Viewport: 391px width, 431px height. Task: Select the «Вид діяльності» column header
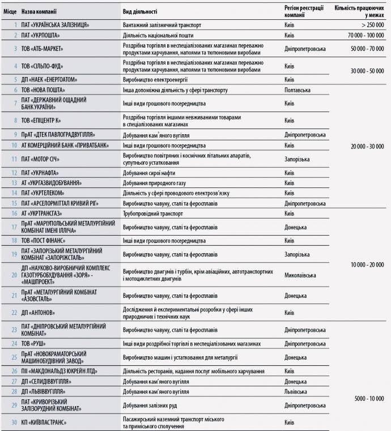click(x=140, y=11)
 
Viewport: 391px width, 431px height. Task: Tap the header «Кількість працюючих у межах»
click(x=359, y=11)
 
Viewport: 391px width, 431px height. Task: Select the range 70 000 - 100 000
click(x=363, y=35)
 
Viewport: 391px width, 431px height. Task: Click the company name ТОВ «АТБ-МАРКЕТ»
click(x=42, y=49)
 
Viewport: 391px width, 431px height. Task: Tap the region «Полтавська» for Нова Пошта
click(x=297, y=90)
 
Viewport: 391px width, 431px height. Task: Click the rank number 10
click(x=14, y=145)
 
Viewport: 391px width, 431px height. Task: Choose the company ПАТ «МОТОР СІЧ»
click(x=42, y=159)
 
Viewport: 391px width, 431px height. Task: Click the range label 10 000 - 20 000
click(x=367, y=264)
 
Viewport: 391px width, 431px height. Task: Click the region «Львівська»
click(x=296, y=391)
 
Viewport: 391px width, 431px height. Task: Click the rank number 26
click(x=14, y=371)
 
